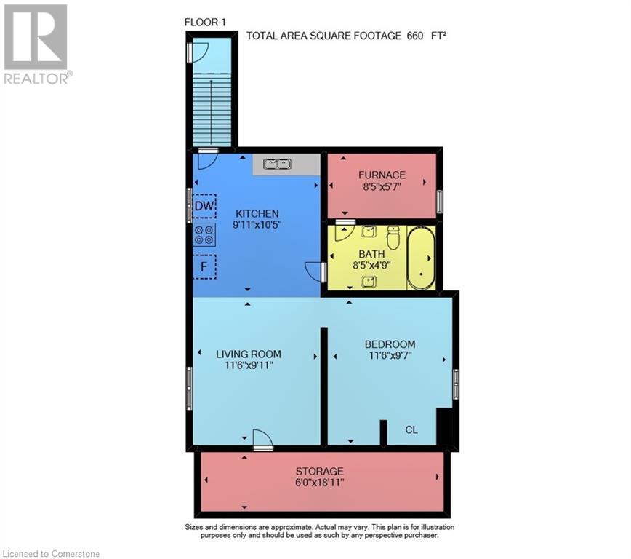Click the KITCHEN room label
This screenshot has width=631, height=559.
coord(257,213)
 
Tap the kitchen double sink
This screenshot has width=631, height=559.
coord(276,164)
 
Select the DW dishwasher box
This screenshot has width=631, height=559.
coord(205,206)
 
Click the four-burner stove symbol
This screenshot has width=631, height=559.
coord(204,234)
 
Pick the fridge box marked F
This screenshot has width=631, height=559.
coord(205,266)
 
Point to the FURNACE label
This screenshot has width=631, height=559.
coord(381,175)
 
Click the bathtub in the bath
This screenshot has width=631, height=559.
coord(421,259)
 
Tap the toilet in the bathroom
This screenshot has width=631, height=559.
coord(393,237)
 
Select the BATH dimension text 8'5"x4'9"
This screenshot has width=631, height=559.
coord(371,266)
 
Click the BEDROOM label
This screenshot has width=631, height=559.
coord(390,344)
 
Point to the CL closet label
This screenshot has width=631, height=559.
coord(411,429)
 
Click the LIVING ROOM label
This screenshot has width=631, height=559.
coord(248,354)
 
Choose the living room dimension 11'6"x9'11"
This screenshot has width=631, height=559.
coord(248,366)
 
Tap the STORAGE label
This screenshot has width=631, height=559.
coord(319,472)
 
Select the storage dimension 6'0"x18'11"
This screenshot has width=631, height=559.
coord(319,483)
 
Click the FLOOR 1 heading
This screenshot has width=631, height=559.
coord(206,23)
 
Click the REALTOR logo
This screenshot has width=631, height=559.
coord(36,44)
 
